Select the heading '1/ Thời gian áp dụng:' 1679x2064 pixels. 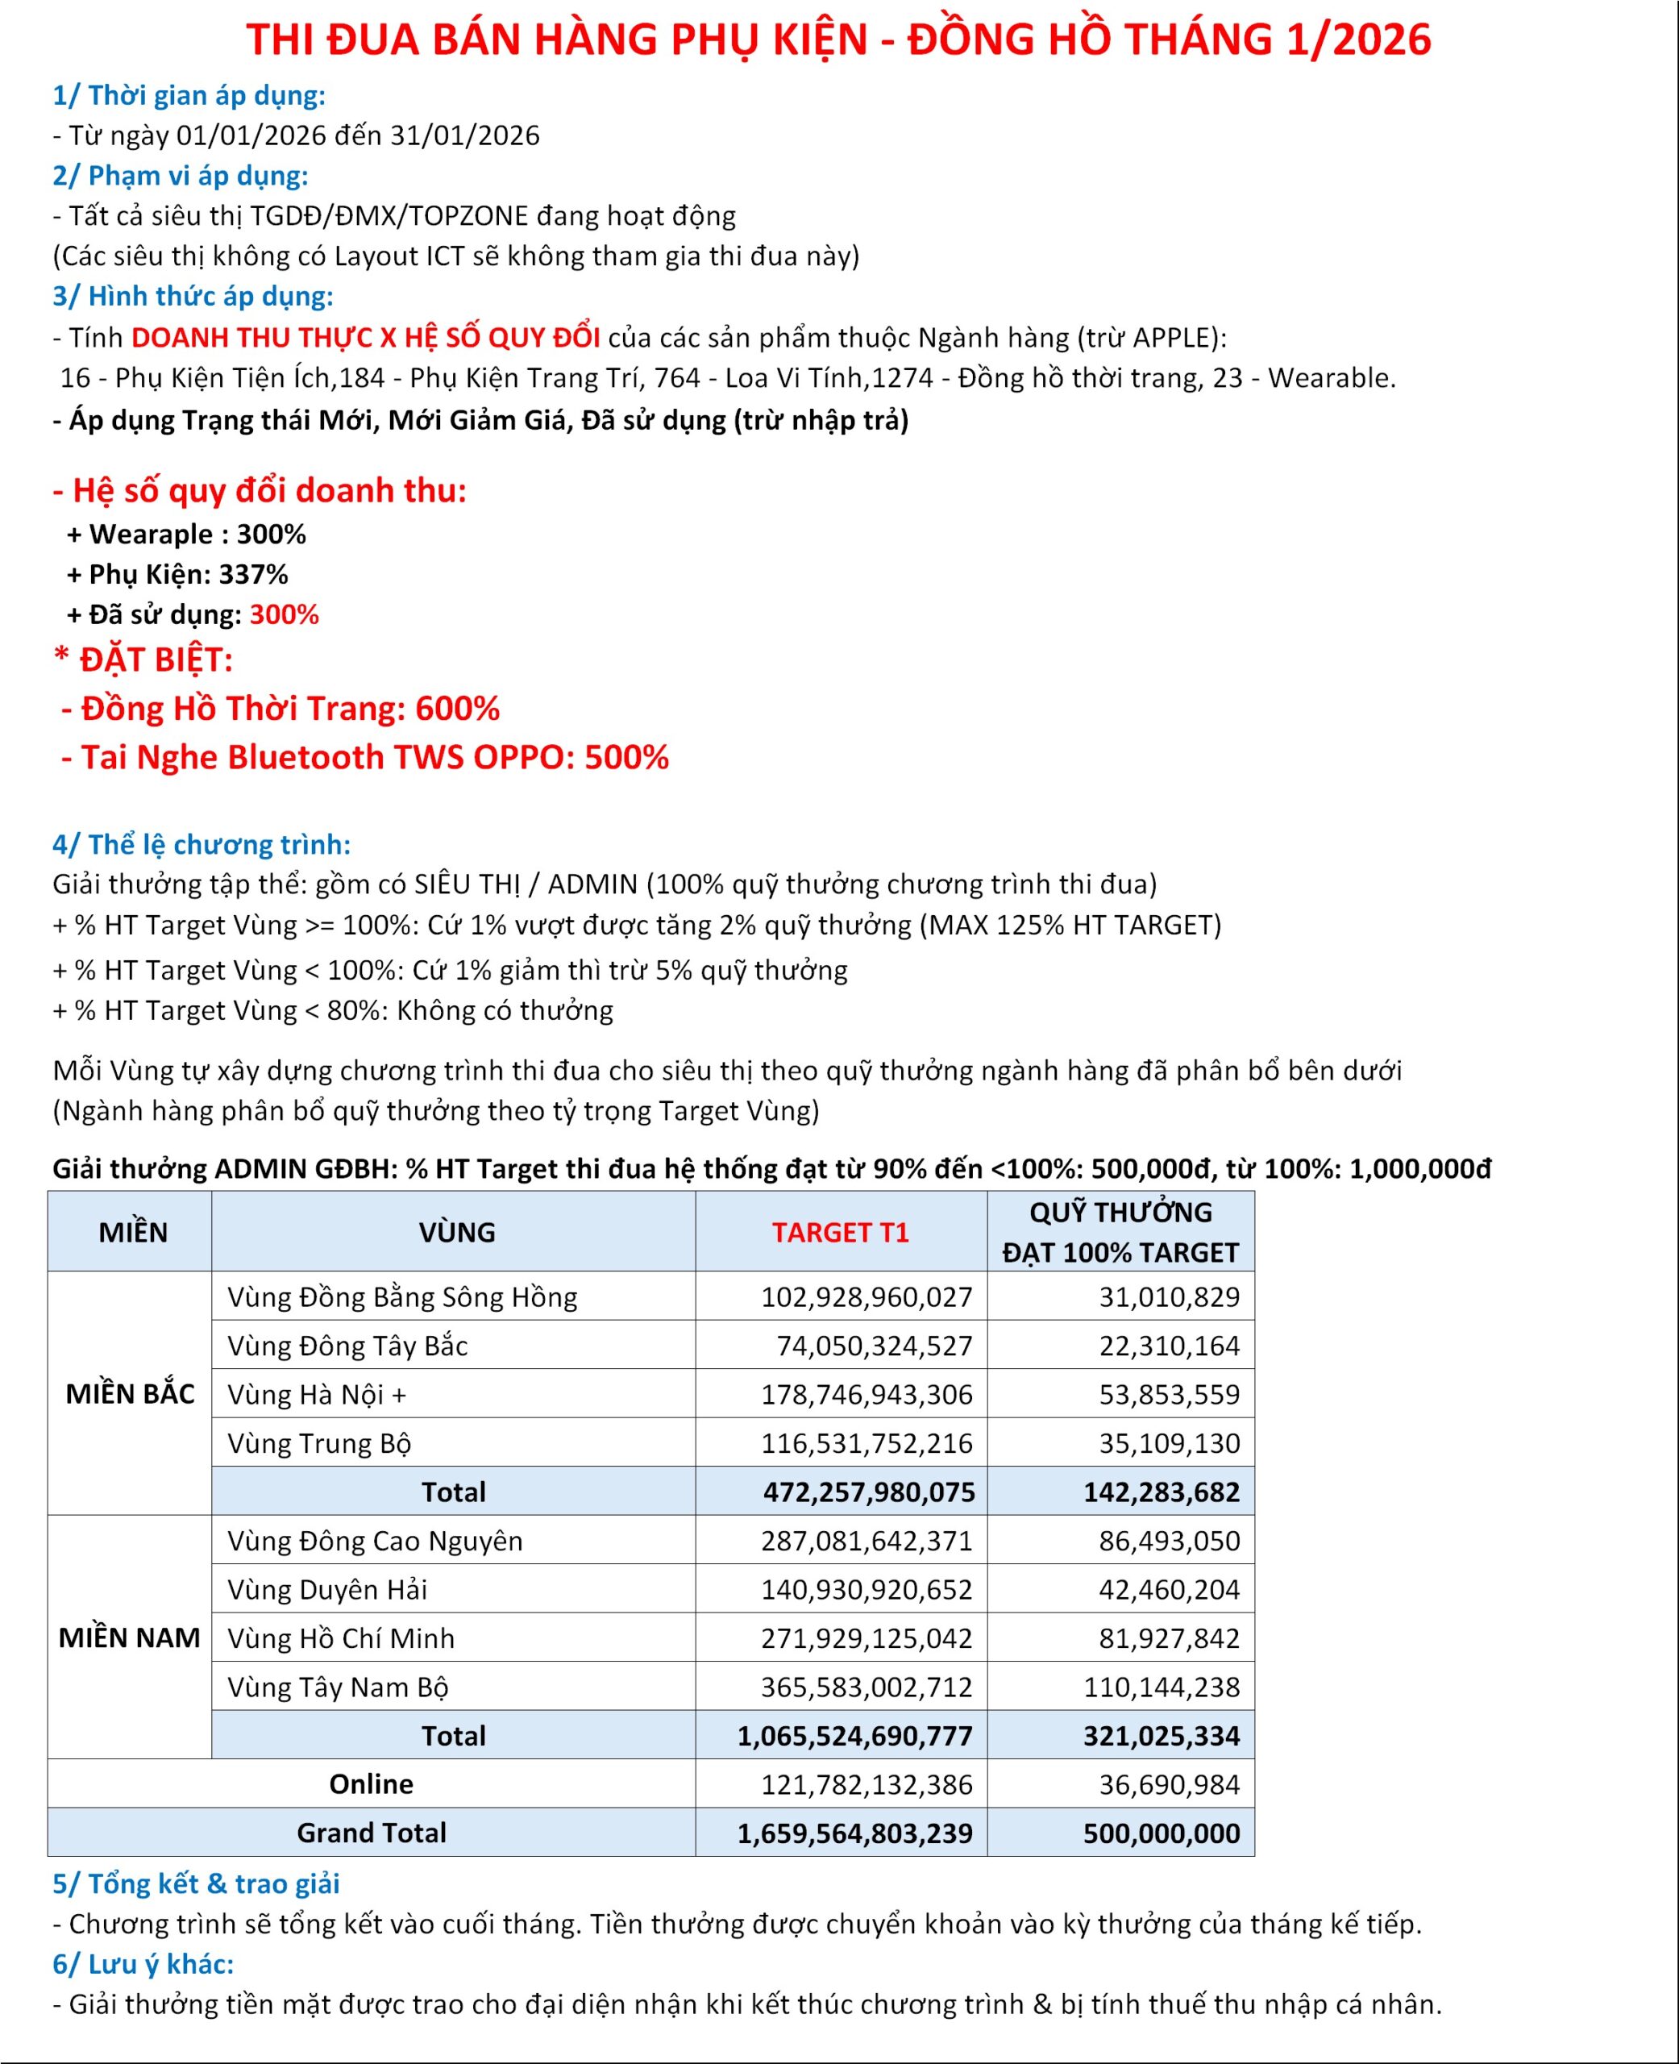tap(189, 96)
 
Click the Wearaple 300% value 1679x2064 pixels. tap(271, 534)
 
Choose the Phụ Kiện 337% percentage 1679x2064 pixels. tap(253, 575)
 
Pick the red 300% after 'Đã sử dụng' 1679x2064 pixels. tap(285, 615)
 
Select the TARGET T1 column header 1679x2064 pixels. tap(840, 1232)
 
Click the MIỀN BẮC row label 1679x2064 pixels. tap(130, 1394)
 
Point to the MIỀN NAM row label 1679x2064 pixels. tap(130, 1637)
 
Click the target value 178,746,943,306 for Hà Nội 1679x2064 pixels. tap(866, 1395)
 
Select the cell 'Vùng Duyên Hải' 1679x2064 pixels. tap(327, 1589)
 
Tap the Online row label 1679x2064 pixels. tap(371, 1783)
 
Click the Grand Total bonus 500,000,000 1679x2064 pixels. tap(1161, 1833)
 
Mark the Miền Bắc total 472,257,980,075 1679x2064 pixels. tap(868, 1492)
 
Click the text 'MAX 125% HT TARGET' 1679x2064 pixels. tap(1074, 926)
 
